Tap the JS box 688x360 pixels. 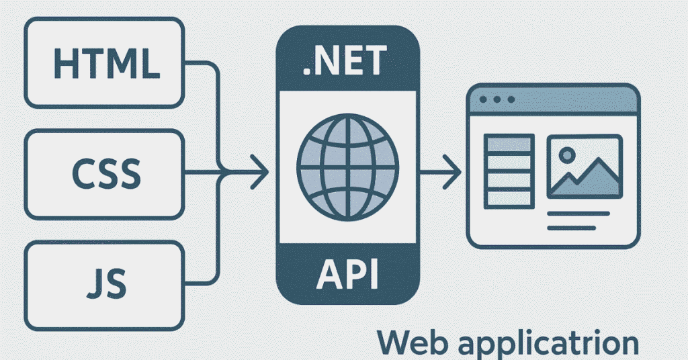[x=105, y=283]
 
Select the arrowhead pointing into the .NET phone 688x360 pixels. [x=261, y=173]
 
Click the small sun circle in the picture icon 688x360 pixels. [x=567, y=154]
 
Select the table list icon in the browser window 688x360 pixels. [x=509, y=171]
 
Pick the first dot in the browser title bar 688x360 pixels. [x=485, y=99]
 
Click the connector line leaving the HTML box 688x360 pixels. [x=202, y=64]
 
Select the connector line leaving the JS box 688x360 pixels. [x=202, y=281]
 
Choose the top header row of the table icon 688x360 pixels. [x=509, y=142]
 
